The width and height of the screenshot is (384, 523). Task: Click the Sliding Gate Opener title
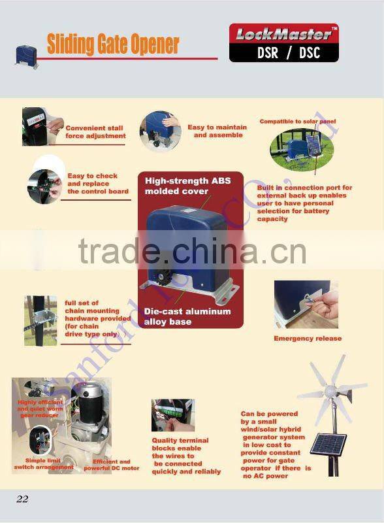112,44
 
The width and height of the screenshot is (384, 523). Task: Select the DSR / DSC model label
283,52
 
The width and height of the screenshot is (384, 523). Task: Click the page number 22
22,499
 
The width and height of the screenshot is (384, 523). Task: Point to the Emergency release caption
307,338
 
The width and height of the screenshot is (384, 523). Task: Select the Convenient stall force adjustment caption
95,131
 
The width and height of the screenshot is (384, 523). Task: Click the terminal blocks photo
172,415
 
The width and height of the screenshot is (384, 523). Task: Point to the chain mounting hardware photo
40,320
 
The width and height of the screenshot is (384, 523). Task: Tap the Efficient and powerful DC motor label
111,465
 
